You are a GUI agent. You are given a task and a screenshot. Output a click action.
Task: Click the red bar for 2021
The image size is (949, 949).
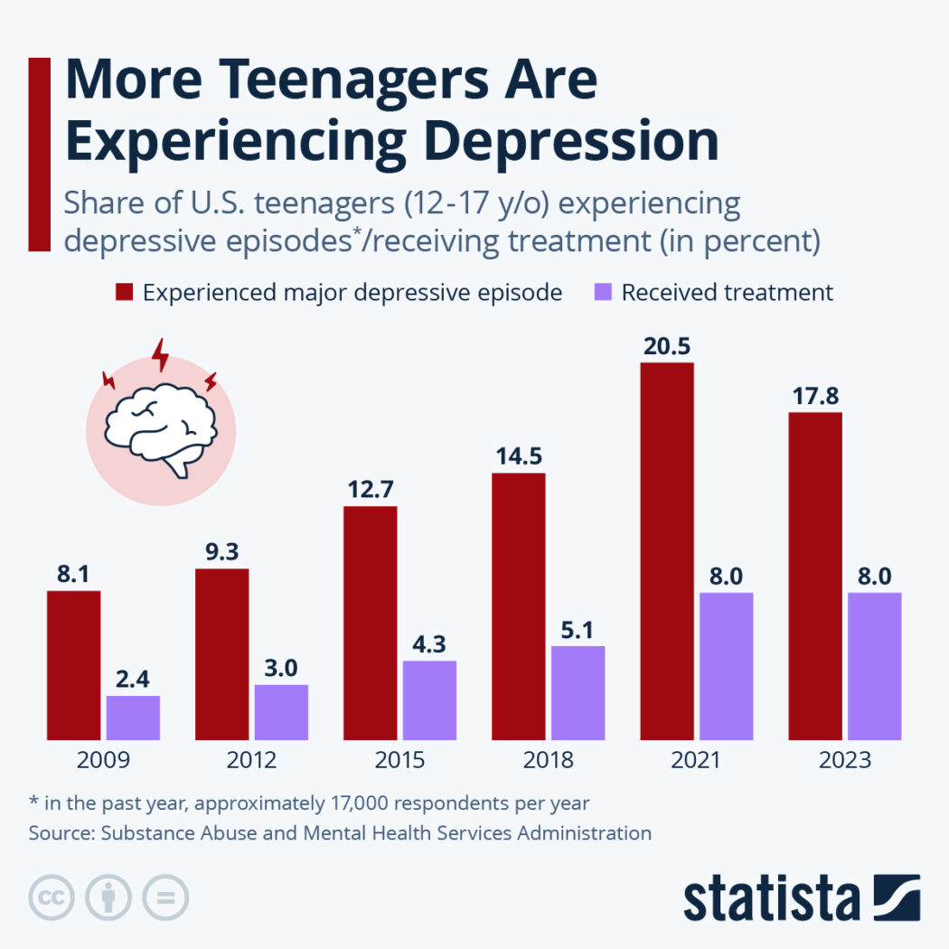click(x=667, y=551)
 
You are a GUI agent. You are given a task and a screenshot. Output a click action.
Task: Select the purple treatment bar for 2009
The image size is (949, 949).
click(x=133, y=718)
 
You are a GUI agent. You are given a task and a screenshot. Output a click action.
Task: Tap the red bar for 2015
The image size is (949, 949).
click(x=370, y=623)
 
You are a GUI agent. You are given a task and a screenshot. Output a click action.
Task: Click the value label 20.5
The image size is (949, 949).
click(x=667, y=346)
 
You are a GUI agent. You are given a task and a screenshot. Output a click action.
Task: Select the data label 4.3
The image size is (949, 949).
click(x=429, y=645)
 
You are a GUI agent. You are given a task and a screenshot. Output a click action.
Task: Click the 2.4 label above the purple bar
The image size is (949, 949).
click(x=133, y=680)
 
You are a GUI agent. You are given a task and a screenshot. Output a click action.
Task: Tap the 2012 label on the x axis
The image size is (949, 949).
click(x=251, y=760)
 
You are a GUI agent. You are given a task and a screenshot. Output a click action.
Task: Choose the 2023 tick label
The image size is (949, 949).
click(x=845, y=760)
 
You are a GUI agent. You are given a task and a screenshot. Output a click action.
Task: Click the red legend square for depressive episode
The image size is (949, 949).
click(x=124, y=293)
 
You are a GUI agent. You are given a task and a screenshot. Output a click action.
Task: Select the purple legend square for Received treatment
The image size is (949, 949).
click(x=604, y=293)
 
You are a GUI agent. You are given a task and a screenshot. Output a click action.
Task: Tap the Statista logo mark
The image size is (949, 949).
click(x=897, y=897)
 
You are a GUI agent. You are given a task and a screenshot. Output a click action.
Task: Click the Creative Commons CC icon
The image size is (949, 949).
click(x=52, y=897)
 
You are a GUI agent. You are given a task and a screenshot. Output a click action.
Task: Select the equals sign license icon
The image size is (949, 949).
click(x=165, y=897)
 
